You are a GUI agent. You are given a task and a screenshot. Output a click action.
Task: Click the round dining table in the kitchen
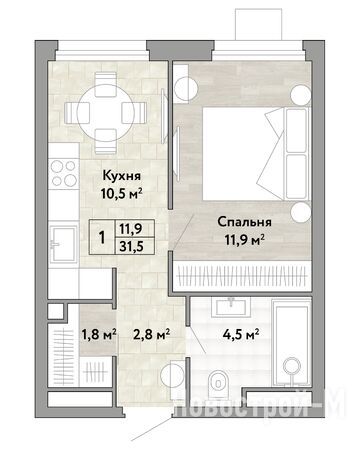105,112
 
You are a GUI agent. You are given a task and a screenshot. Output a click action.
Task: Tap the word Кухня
122,175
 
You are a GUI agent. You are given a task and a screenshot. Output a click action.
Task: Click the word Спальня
244,222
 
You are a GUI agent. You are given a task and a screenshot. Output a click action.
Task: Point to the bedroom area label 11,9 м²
245,240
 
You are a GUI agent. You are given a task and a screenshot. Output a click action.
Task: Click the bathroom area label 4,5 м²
241,334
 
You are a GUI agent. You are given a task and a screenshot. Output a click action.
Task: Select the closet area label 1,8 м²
99,334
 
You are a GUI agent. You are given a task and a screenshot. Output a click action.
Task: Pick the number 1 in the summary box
102,238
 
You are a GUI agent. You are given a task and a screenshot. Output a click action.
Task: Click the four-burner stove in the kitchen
64,173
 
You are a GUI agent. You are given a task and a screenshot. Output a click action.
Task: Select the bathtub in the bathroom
291,342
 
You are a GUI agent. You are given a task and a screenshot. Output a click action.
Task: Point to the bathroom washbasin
231,306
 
